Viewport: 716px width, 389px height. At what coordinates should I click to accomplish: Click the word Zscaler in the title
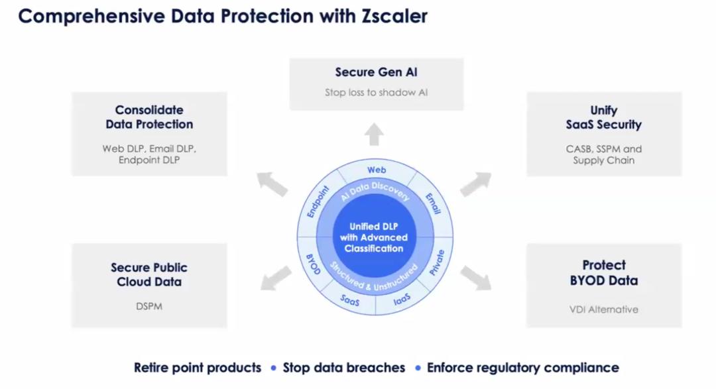[394, 16]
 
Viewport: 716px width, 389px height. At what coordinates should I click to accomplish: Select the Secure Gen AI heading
[377, 72]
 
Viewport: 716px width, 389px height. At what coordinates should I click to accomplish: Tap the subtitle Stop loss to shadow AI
[377, 92]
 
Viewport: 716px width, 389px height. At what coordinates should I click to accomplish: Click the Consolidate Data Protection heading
[149, 117]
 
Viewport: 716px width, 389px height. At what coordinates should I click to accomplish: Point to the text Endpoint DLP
[149, 160]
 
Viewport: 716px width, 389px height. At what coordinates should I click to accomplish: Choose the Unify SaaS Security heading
[604, 117]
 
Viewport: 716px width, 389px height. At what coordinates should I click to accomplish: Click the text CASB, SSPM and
[604, 149]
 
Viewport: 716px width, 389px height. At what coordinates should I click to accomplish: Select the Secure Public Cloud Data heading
[149, 274]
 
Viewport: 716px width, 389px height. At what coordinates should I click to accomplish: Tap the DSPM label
[149, 306]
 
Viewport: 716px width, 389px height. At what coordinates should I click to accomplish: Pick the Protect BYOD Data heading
[604, 272]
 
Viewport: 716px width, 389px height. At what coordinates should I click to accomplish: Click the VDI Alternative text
[604, 309]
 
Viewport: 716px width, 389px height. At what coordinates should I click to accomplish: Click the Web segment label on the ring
[377, 170]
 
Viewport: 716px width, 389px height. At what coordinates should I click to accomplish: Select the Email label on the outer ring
[433, 203]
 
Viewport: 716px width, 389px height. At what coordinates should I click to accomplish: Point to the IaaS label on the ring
[402, 300]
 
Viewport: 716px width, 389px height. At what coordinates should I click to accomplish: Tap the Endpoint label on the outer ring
[318, 201]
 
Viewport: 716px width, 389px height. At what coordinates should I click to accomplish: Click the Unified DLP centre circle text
[374, 237]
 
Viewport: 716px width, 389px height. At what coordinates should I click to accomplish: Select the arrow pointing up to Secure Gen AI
[374, 135]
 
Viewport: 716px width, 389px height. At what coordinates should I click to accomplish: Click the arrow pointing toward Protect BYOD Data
[476, 278]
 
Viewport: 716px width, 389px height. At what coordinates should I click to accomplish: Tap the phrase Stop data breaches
[344, 368]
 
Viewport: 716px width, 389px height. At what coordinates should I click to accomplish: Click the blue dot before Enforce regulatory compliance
[418, 368]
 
